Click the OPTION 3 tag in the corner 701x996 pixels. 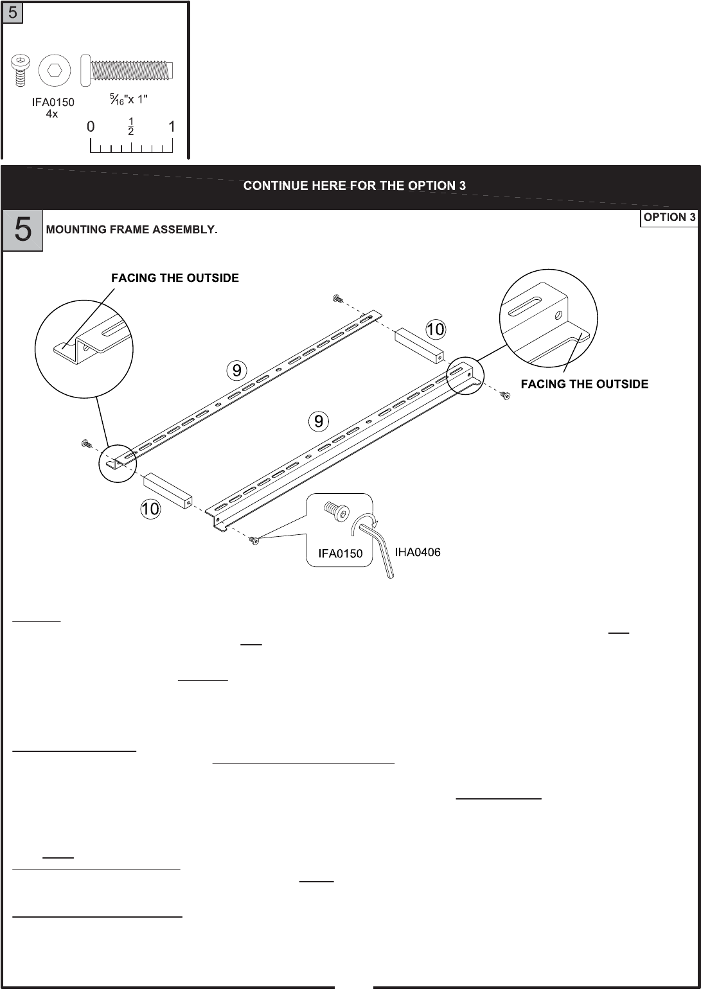pos(670,217)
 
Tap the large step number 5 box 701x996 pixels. pos(22,230)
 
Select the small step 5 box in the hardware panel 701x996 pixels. pos(13,13)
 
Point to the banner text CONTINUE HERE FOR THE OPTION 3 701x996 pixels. pos(354,186)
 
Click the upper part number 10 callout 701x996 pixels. pos(435,330)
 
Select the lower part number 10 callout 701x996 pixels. pos(150,509)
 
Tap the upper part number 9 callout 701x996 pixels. pos(236,370)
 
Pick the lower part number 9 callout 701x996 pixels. pos(319,421)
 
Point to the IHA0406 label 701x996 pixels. pos(417,552)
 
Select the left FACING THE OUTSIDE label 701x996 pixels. pos(175,278)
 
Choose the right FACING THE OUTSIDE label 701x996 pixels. pos(584,384)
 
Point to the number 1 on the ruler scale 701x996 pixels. pos(172,127)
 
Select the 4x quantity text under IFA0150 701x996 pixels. pos(53,113)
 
